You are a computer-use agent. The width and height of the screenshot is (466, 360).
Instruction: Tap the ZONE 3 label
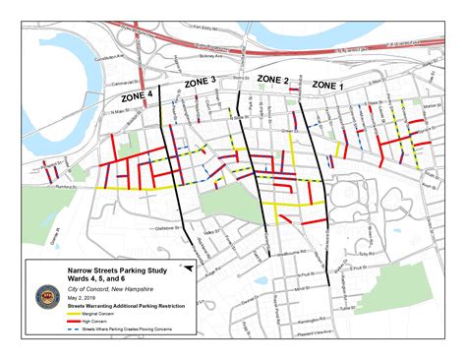[x=201, y=85]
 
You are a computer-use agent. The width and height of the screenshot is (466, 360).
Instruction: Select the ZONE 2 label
[x=272, y=78]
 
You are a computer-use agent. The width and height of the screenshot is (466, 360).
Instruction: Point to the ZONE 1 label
[x=327, y=86]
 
